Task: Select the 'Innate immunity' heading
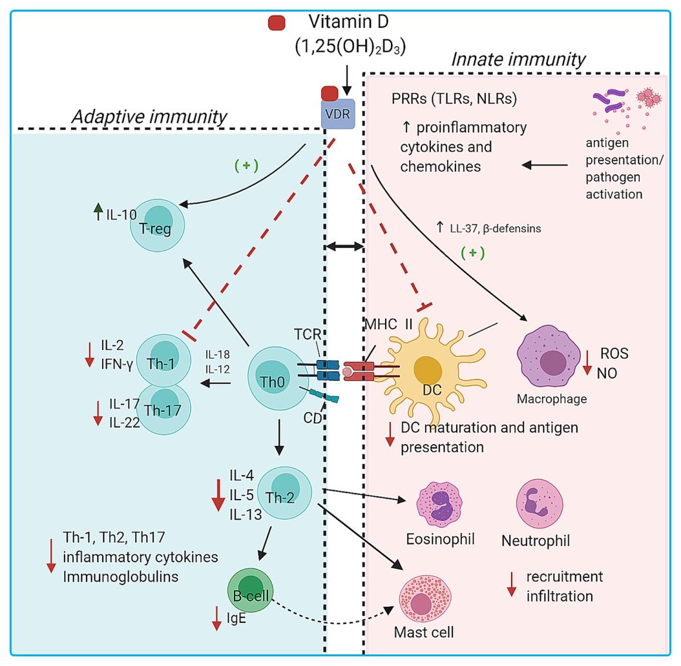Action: (518, 60)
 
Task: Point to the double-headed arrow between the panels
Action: (344, 246)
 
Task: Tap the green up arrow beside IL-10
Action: (98, 208)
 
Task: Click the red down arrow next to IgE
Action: (216, 620)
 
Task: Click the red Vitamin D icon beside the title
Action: (277, 23)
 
